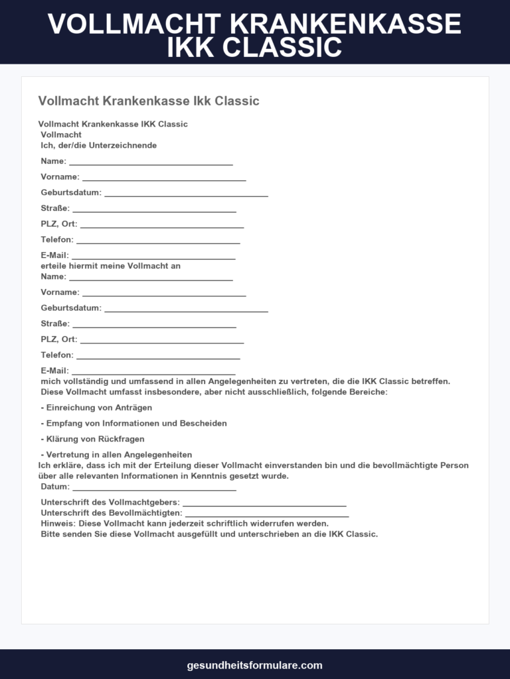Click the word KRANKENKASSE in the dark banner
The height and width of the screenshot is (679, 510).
[345, 25]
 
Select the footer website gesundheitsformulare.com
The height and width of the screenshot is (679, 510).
[255, 665]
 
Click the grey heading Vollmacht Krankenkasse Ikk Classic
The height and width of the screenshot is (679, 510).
[149, 101]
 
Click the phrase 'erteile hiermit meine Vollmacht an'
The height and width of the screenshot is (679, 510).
[110, 266]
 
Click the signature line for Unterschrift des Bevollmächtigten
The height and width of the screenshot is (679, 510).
[267, 515]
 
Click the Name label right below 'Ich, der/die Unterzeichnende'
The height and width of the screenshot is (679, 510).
[53, 161]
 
